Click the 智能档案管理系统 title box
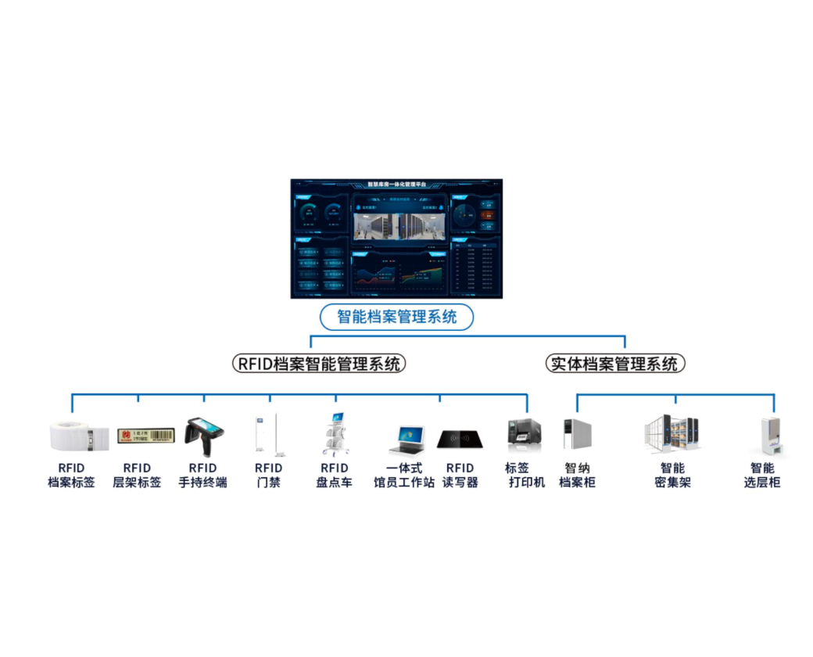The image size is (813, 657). [396, 317]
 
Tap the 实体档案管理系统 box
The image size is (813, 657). [614, 364]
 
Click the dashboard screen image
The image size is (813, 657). [396, 239]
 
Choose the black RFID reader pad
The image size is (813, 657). [460, 439]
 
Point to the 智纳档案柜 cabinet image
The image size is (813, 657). [577, 434]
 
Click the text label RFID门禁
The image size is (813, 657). [268, 476]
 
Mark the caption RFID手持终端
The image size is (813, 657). [202, 476]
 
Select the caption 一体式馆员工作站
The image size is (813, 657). [404, 476]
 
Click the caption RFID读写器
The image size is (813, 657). [460, 476]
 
